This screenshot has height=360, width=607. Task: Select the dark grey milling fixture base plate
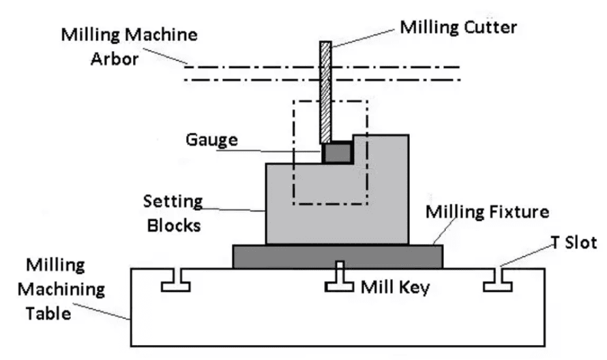click(338, 256)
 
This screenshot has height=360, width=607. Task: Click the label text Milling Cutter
click(458, 28)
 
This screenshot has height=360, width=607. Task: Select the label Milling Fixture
click(487, 211)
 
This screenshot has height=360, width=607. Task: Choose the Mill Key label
click(395, 287)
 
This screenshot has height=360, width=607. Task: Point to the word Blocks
click(174, 224)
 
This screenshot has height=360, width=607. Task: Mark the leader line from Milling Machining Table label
click(109, 307)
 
